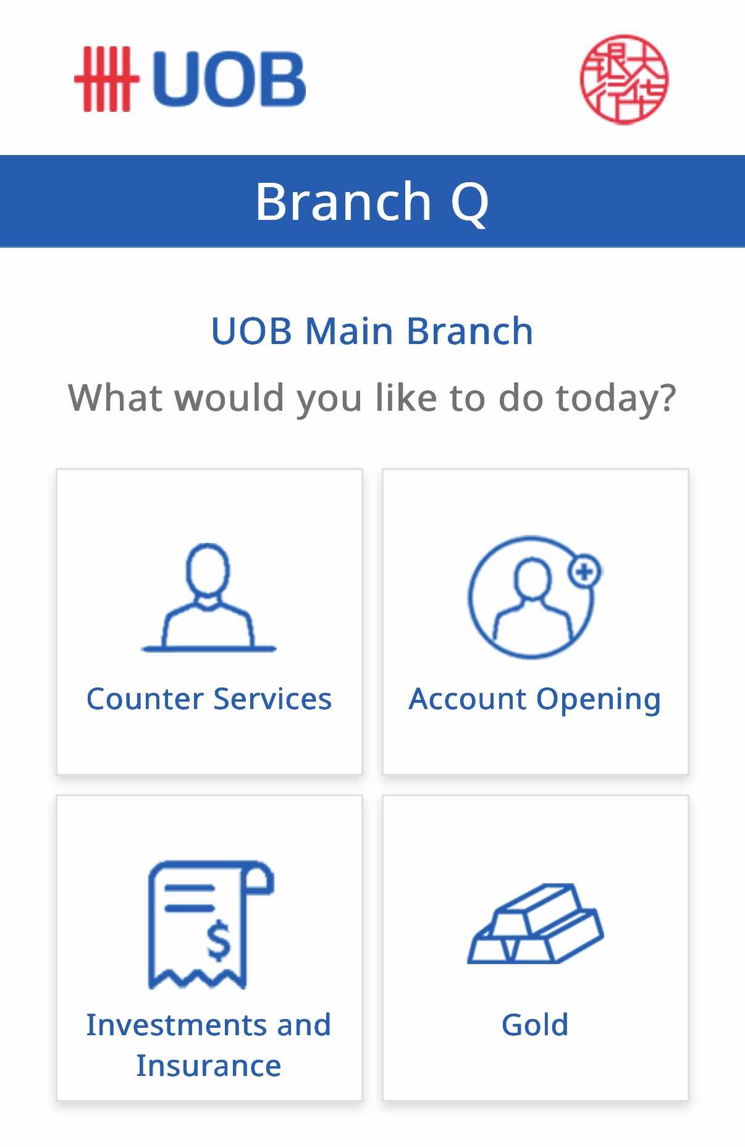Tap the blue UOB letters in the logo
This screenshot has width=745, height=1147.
(x=228, y=78)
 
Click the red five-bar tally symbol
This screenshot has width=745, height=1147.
(x=106, y=79)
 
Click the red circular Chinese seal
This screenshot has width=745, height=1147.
(x=624, y=79)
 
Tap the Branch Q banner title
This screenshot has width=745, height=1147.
(x=372, y=201)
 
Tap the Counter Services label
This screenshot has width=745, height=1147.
(x=209, y=699)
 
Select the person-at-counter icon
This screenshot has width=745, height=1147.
(x=209, y=597)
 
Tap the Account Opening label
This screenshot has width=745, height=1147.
(x=535, y=700)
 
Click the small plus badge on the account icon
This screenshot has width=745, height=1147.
(x=584, y=572)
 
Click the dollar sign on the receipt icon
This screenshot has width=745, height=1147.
(x=218, y=941)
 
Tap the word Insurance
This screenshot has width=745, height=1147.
(x=209, y=1066)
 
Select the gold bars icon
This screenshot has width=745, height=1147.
(x=535, y=923)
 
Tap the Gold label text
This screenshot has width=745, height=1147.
(x=535, y=1025)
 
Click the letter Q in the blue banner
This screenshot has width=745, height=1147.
(x=470, y=203)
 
